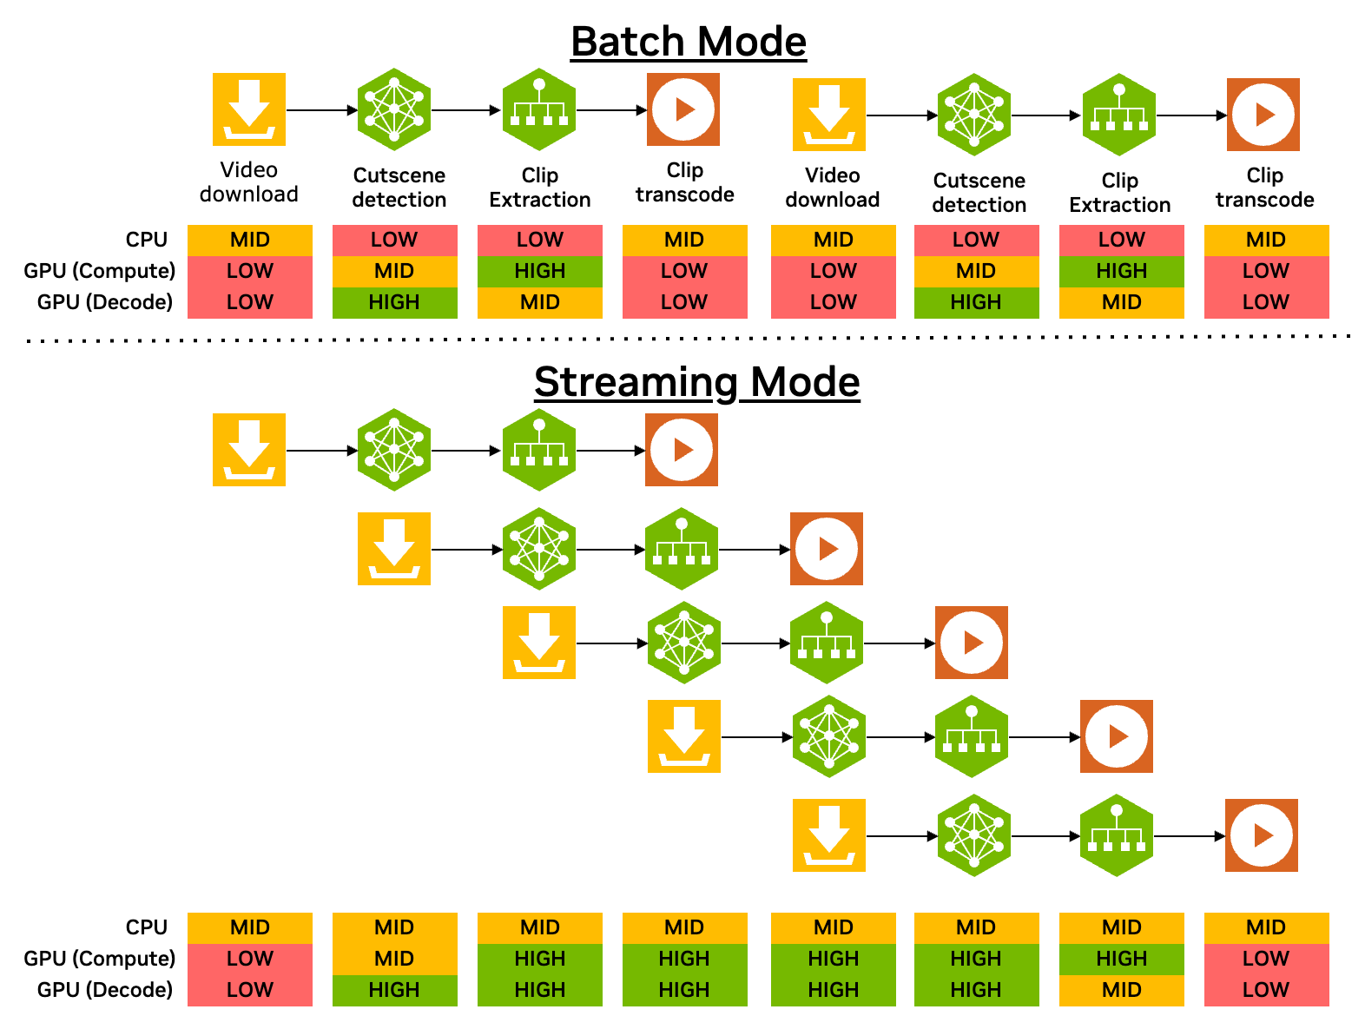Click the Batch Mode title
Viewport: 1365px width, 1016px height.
(x=689, y=42)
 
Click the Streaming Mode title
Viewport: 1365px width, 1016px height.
(x=696, y=382)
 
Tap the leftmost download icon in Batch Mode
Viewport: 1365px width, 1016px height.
(x=249, y=109)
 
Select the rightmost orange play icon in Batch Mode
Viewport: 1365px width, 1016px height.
(x=1263, y=115)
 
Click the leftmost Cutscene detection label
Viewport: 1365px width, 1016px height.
(x=399, y=188)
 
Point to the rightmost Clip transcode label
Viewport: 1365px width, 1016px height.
(x=1264, y=188)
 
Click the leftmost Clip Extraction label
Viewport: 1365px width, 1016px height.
(x=539, y=188)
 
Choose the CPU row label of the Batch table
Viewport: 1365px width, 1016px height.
(x=146, y=240)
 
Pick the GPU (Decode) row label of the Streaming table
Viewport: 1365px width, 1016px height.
(x=104, y=990)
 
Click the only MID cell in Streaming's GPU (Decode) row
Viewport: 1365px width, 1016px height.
(x=1121, y=990)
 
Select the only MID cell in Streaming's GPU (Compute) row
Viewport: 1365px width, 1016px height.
(x=394, y=959)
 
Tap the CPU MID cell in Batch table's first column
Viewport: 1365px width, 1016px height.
(x=249, y=240)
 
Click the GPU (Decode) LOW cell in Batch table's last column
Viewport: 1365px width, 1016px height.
(x=1265, y=302)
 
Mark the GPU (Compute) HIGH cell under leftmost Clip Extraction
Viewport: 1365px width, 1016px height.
(x=539, y=271)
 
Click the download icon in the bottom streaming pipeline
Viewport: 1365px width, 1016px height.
(x=828, y=835)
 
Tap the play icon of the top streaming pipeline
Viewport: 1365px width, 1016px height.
(x=682, y=450)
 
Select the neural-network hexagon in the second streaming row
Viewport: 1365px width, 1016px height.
(x=539, y=549)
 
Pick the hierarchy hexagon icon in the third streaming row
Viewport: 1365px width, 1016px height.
(x=827, y=643)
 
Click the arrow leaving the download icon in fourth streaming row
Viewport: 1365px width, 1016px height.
(x=756, y=737)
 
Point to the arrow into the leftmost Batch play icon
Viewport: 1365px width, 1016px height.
(x=612, y=110)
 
